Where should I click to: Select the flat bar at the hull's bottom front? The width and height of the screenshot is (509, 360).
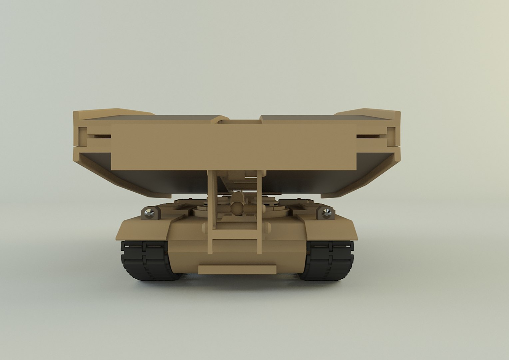pos(237,269)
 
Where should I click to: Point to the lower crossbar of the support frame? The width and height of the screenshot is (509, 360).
pos(235,235)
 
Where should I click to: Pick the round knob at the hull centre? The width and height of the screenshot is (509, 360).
pos(237,208)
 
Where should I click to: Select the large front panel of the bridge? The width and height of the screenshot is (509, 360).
pos(233,147)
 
